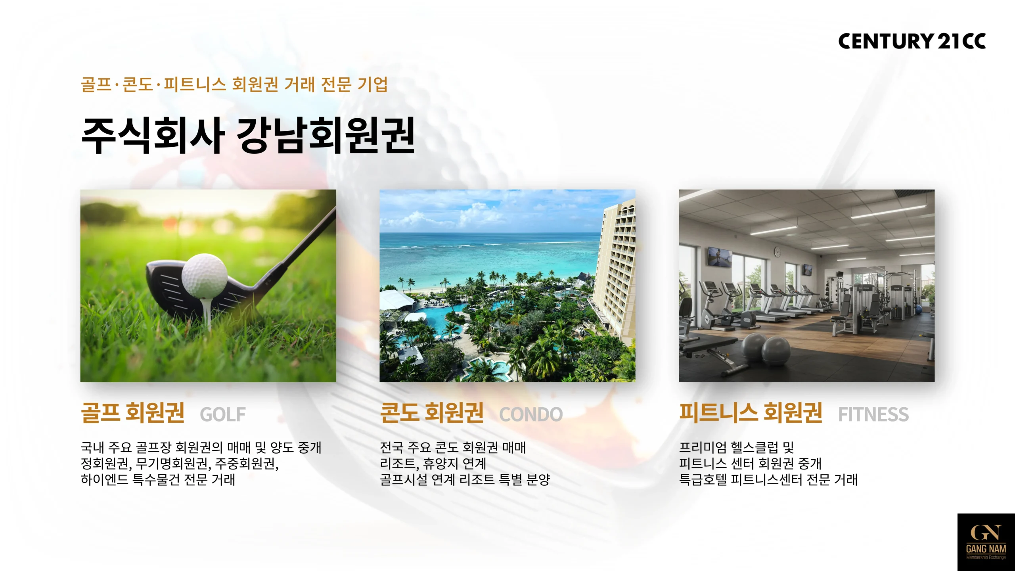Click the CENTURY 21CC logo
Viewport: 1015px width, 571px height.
point(912,41)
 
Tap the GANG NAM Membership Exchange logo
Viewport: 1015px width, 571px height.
point(986,542)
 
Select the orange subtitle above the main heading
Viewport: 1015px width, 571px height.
point(234,84)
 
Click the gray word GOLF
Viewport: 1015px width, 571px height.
point(223,414)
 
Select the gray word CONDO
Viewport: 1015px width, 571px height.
point(531,414)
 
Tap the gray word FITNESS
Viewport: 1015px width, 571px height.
point(873,414)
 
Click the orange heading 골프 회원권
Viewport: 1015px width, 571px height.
point(133,412)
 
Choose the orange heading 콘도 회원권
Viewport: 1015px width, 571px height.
point(432,412)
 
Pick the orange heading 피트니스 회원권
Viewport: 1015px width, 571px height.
point(751,412)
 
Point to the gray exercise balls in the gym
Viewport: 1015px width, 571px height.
point(765,349)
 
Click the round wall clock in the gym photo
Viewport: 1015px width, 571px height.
point(777,251)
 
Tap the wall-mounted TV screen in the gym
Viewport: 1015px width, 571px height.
point(720,257)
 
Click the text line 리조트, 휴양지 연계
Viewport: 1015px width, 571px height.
point(433,464)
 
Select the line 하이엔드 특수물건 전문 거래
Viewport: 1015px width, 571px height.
point(158,480)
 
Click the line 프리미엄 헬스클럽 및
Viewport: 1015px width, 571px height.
point(737,448)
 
